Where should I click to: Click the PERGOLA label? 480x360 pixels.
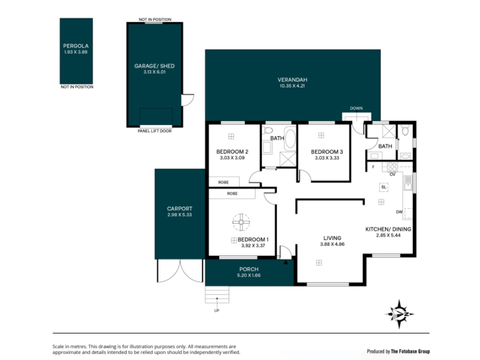(76, 46)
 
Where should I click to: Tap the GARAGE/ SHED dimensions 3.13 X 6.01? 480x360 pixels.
(155, 72)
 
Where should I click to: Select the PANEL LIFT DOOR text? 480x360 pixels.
(155, 131)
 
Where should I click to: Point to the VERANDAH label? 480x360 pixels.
(292, 80)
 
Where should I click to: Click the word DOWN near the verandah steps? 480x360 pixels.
(356, 109)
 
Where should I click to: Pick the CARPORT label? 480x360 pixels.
(179, 209)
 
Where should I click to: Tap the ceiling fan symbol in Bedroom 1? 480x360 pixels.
(241, 222)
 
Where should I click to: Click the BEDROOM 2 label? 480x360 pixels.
(232, 152)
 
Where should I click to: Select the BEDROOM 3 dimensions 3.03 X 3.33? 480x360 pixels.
(327, 158)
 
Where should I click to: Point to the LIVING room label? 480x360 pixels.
(332, 238)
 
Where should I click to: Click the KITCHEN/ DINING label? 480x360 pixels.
(388, 229)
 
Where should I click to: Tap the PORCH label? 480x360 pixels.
(249, 269)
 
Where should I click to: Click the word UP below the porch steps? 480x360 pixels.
(217, 311)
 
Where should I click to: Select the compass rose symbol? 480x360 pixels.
(399, 314)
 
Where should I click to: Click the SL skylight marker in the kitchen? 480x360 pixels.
(384, 187)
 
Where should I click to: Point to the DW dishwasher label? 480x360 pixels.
(399, 212)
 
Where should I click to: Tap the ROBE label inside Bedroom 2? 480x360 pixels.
(223, 182)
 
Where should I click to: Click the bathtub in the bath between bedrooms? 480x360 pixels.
(290, 139)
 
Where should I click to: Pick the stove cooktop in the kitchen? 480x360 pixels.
(392, 167)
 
